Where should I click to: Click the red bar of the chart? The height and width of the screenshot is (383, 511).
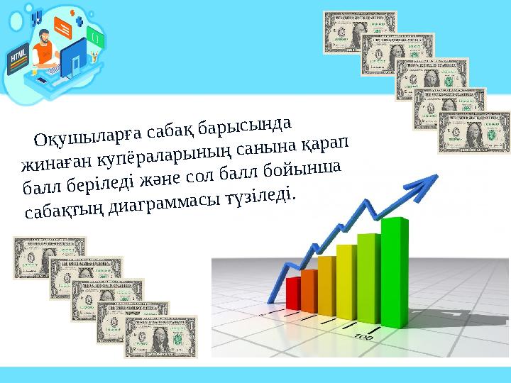(x=293, y=292)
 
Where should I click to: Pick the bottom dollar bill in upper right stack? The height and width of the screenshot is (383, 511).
(x=474, y=132)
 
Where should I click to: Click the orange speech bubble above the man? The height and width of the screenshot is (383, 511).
(x=64, y=27)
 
